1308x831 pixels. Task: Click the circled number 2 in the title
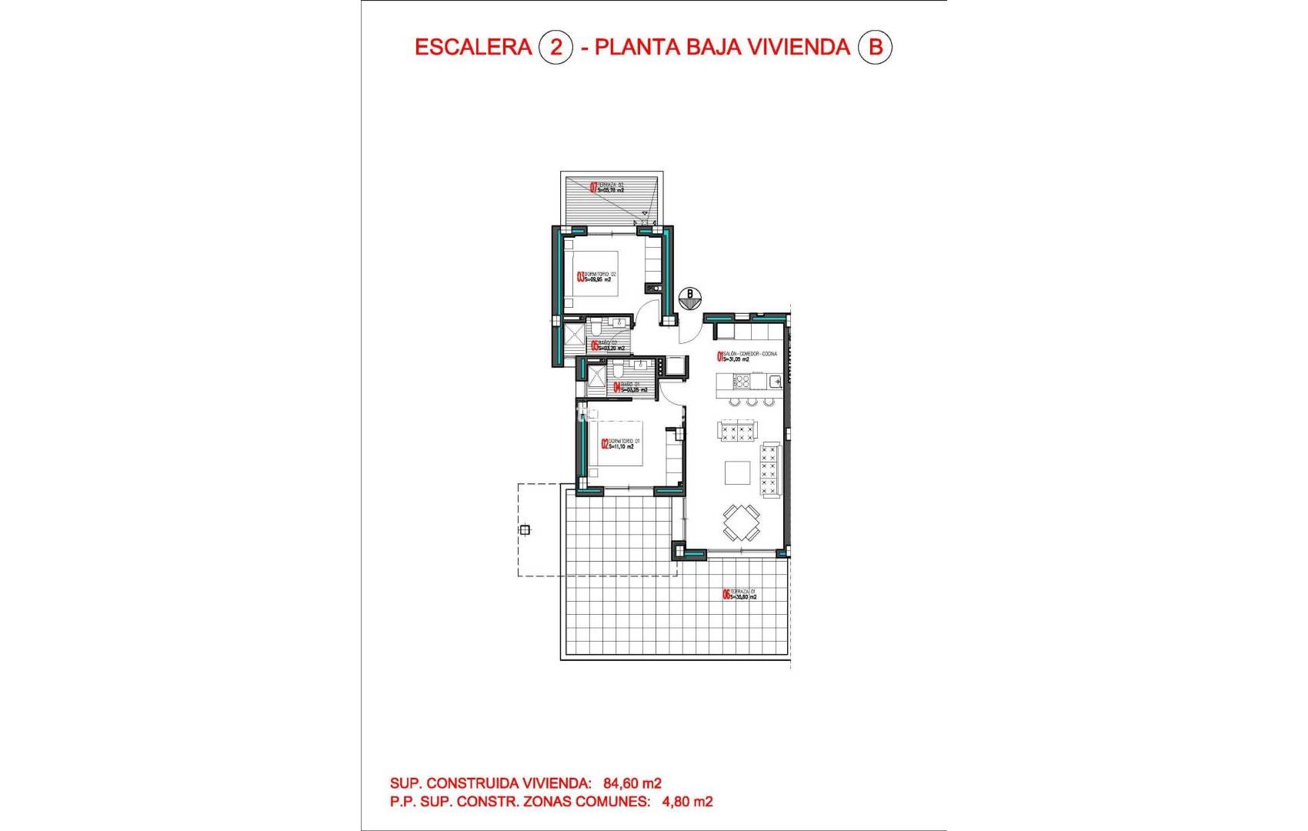pos(556,47)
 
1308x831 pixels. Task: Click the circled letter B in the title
pos(875,47)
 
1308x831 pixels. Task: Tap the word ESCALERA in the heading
pos(473,47)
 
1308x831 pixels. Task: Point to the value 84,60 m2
pos(632,783)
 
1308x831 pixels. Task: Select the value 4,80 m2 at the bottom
pos(687,802)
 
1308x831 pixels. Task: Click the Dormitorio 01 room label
pos(621,444)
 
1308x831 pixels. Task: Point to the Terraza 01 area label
pos(739,594)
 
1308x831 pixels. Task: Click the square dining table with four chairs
pos(741,522)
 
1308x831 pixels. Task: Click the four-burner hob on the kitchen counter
pos(742,381)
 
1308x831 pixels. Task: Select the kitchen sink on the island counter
pos(775,382)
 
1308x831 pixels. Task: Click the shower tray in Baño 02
pos(575,335)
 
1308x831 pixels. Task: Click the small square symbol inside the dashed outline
pos(525,529)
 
